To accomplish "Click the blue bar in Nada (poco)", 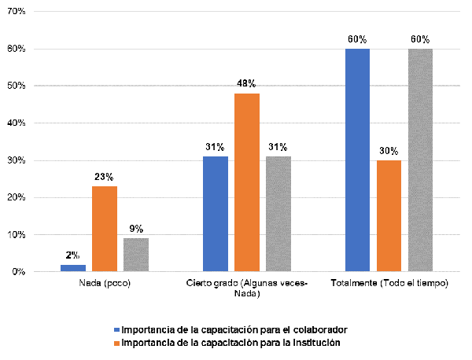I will [x=73, y=268].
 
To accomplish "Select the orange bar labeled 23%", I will [x=105, y=229].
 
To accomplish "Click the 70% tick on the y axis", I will [x=17, y=12].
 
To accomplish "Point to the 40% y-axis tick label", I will [x=17, y=123].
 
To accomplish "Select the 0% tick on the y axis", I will [x=19, y=272].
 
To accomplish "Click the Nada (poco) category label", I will [x=105, y=283].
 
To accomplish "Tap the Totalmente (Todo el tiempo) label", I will [x=389, y=283].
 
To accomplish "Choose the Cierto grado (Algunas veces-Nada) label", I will [x=247, y=288].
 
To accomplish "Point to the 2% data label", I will [x=73, y=256].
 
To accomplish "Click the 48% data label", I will [x=247, y=83].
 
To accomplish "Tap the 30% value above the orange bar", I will [x=389, y=151].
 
